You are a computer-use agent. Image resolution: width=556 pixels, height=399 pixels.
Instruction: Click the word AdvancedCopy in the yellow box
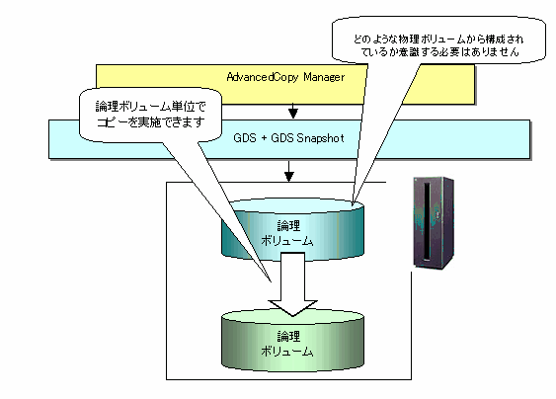click(263, 77)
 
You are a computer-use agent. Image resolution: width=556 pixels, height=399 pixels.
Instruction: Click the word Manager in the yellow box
click(324, 77)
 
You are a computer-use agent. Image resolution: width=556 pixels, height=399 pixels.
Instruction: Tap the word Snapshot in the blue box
click(320, 138)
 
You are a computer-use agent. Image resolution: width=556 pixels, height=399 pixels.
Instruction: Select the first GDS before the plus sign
click(245, 138)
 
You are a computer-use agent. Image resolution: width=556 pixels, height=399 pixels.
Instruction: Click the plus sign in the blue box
click(264, 138)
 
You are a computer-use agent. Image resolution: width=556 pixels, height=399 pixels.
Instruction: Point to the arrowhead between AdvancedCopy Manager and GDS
click(293, 114)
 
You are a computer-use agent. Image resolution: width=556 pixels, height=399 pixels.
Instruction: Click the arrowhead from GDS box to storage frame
click(289, 176)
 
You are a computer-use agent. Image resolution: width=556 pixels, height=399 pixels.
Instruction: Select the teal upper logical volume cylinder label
click(287, 233)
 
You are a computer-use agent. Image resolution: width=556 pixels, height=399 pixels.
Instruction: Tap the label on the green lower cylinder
click(287, 344)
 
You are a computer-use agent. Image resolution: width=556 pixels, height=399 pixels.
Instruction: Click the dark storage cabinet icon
click(434, 223)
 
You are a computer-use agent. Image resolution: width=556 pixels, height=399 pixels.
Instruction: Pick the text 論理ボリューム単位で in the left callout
click(151, 106)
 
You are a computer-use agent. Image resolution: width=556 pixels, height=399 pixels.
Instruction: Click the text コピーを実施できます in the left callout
click(151, 121)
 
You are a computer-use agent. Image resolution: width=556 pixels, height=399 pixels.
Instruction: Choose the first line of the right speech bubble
click(438, 40)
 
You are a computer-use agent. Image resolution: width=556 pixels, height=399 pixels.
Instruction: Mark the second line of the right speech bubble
click(439, 51)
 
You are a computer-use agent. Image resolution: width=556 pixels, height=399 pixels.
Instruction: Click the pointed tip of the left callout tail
click(272, 281)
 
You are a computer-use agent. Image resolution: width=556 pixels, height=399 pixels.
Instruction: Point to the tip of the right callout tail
click(353, 204)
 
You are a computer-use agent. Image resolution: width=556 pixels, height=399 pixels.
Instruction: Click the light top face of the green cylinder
click(293, 316)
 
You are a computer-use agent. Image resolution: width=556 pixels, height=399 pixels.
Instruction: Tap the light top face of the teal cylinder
click(293, 205)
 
